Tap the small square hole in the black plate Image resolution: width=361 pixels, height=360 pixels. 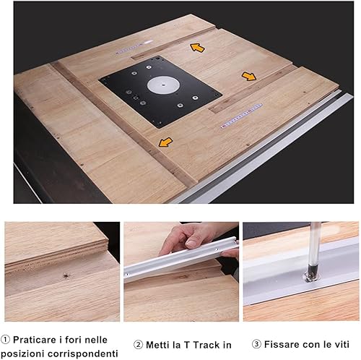point(136,98)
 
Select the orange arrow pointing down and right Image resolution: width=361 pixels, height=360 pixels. point(249,77)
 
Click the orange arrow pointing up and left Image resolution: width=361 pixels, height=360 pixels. point(197,48)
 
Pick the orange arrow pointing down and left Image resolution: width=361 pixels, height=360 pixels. point(165,142)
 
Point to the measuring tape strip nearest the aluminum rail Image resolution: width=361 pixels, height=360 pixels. point(241,116)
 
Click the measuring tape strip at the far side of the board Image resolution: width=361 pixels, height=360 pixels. point(134,47)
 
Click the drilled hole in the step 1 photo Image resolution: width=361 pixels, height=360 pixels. point(65,275)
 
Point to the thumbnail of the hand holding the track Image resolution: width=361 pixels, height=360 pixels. point(181,272)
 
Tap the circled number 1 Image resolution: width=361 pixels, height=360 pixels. point(5,340)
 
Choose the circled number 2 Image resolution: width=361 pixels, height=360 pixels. point(138,345)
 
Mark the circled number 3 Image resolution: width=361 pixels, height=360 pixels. point(256,344)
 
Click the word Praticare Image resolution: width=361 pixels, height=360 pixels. point(35,340)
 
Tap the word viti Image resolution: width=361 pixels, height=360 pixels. point(341,344)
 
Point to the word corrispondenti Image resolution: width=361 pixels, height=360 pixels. point(83,354)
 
